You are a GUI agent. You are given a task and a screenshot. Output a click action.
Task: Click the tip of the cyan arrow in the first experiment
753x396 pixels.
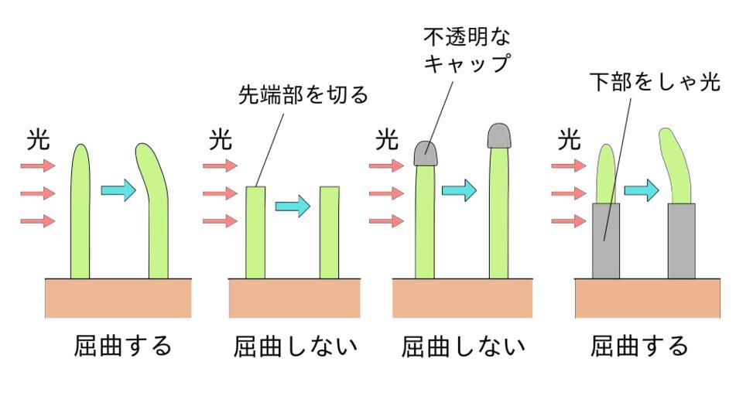pos(137,190)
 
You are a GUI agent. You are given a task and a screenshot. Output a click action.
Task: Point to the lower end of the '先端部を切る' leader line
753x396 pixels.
pos(256,186)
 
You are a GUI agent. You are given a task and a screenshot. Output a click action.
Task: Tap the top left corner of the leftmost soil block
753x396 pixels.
pos(45,279)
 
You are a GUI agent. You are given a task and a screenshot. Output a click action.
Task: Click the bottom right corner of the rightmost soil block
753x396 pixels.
pos(720,318)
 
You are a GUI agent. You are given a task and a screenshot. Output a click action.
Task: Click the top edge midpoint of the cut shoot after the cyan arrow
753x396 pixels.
pos(330,187)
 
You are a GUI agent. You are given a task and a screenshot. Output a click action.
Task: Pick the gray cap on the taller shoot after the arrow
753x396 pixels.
pos(499,136)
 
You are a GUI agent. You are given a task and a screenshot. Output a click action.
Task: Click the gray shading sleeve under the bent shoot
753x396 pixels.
pos(682,241)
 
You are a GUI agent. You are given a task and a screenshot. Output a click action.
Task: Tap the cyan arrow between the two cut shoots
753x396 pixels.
pos(293,206)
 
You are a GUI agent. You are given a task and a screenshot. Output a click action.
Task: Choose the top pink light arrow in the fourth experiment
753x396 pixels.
pos(569,166)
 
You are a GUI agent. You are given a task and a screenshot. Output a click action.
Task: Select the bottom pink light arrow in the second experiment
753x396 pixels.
pos(220,221)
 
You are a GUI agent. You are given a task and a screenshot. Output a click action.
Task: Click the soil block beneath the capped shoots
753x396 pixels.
pos(463,298)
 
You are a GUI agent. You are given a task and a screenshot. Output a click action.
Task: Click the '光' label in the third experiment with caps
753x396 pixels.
pos(387,141)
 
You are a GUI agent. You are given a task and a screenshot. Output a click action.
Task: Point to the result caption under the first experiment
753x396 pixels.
pos(123,346)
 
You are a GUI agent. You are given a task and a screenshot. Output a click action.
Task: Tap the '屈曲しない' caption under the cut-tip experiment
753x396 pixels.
pos(296,346)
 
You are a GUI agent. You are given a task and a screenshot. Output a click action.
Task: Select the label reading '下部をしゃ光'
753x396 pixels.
pos(655,82)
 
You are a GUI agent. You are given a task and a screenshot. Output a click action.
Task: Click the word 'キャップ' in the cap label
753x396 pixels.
pos(467,63)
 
